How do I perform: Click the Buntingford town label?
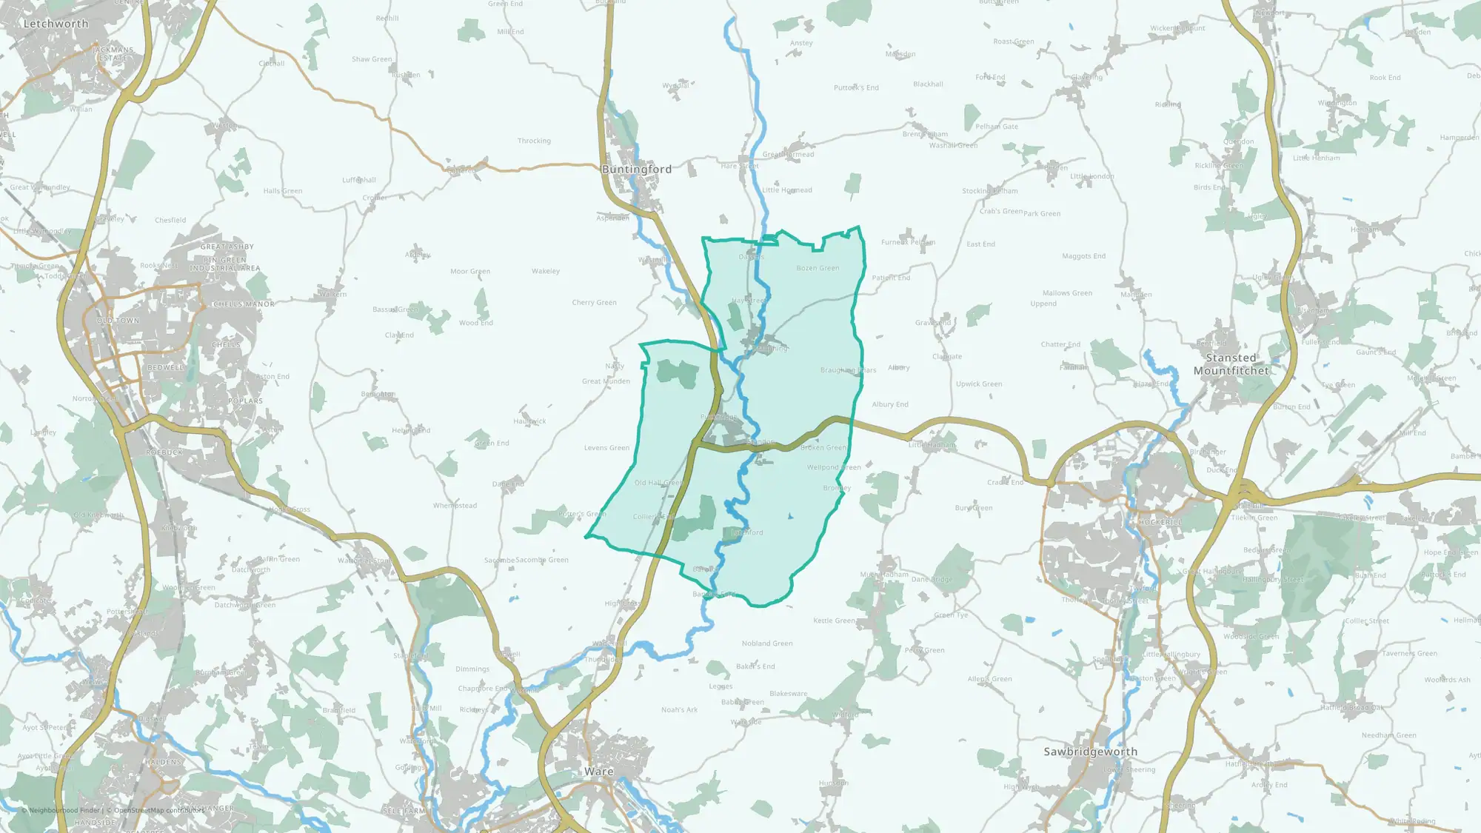[637, 170]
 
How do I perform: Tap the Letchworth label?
[56, 24]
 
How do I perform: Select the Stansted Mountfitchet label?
[1231, 364]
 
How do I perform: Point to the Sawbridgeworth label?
[1090, 752]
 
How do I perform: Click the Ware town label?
[598, 772]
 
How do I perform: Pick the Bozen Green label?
[818, 268]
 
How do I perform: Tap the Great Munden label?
[606, 381]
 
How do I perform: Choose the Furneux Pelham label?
[908, 242]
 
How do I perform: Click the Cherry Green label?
[594, 302]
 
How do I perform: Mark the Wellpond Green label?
[834, 467]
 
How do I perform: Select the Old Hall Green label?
[658, 483]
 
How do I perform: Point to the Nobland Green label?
[767, 643]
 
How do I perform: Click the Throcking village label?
[534, 141]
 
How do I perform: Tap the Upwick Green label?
[978, 384]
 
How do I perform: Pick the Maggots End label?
[1083, 256]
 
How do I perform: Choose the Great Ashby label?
[227, 247]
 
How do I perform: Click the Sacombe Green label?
[542, 560]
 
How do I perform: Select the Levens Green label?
[606, 447]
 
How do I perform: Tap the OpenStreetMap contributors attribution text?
[158, 810]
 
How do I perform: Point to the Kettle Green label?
[834, 620]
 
